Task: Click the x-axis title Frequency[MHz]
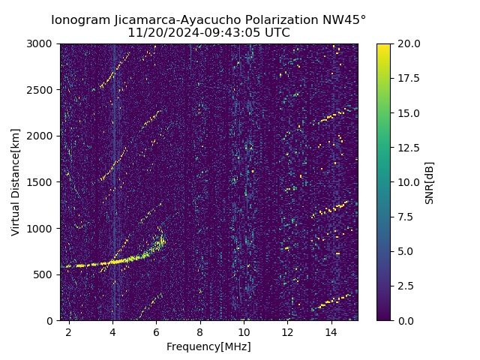coord(208,346)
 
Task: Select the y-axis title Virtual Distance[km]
coord(16,181)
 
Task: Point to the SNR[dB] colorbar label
coord(430,182)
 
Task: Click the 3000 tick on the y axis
coord(42,44)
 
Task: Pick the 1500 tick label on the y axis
coord(42,182)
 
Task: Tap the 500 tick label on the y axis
coord(45,274)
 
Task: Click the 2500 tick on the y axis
coord(42,90)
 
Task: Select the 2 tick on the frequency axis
coord(69,331)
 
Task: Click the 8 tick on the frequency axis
coord(200,331)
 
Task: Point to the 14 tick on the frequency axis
coord(331,331)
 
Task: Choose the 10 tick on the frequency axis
coord(244,331)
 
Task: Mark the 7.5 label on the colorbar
coord(405,217)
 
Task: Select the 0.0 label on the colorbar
coord(405,320)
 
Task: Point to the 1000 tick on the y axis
coord(42,228)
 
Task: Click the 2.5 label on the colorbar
coord(405,286)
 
